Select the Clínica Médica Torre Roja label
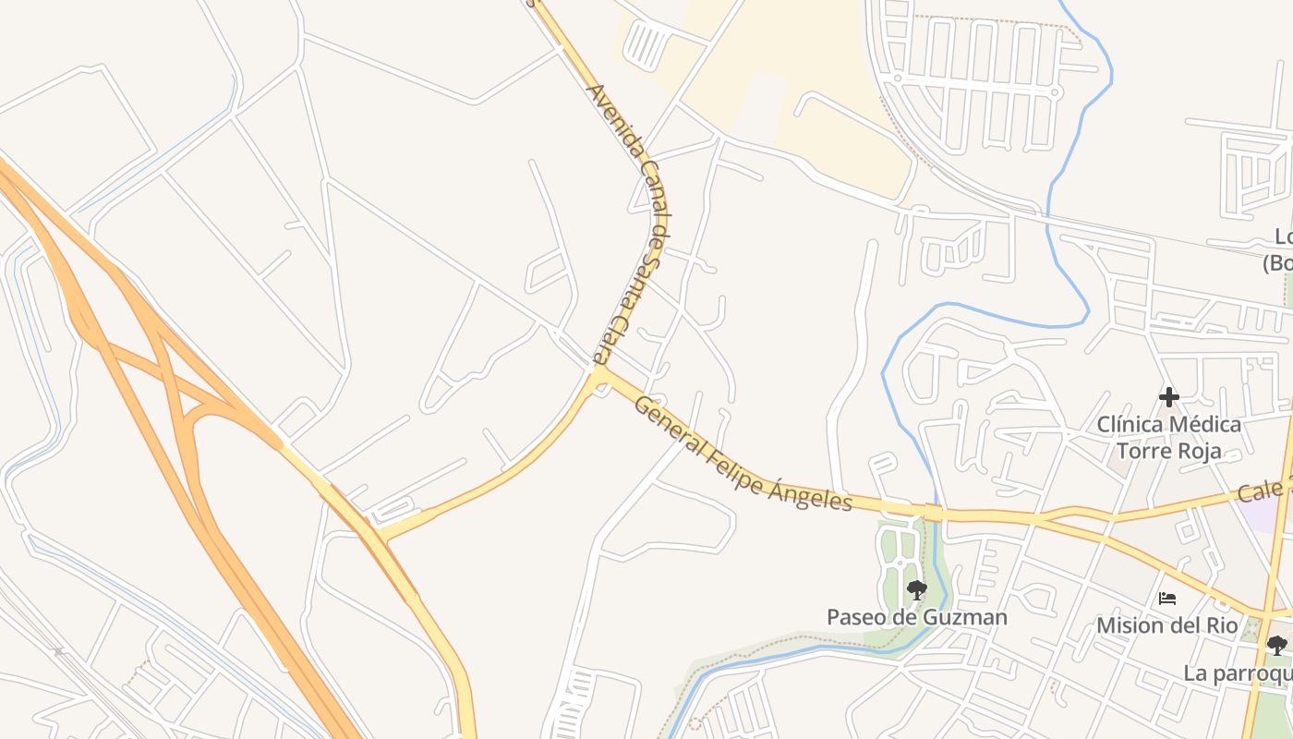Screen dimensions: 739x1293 click(1168, 438)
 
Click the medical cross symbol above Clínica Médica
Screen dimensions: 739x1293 click(1168, 397)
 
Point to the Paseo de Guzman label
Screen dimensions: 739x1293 click(916, 617)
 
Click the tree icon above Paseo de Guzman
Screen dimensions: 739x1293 click(916, 589)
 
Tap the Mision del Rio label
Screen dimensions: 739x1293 click(1166, 625)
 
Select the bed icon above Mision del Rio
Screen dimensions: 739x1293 click(1167, 598)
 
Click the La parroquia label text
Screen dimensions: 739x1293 click(1238, 672)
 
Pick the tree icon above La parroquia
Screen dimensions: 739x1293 click(1276, 645)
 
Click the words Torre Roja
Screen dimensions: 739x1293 click(1168, 451)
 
